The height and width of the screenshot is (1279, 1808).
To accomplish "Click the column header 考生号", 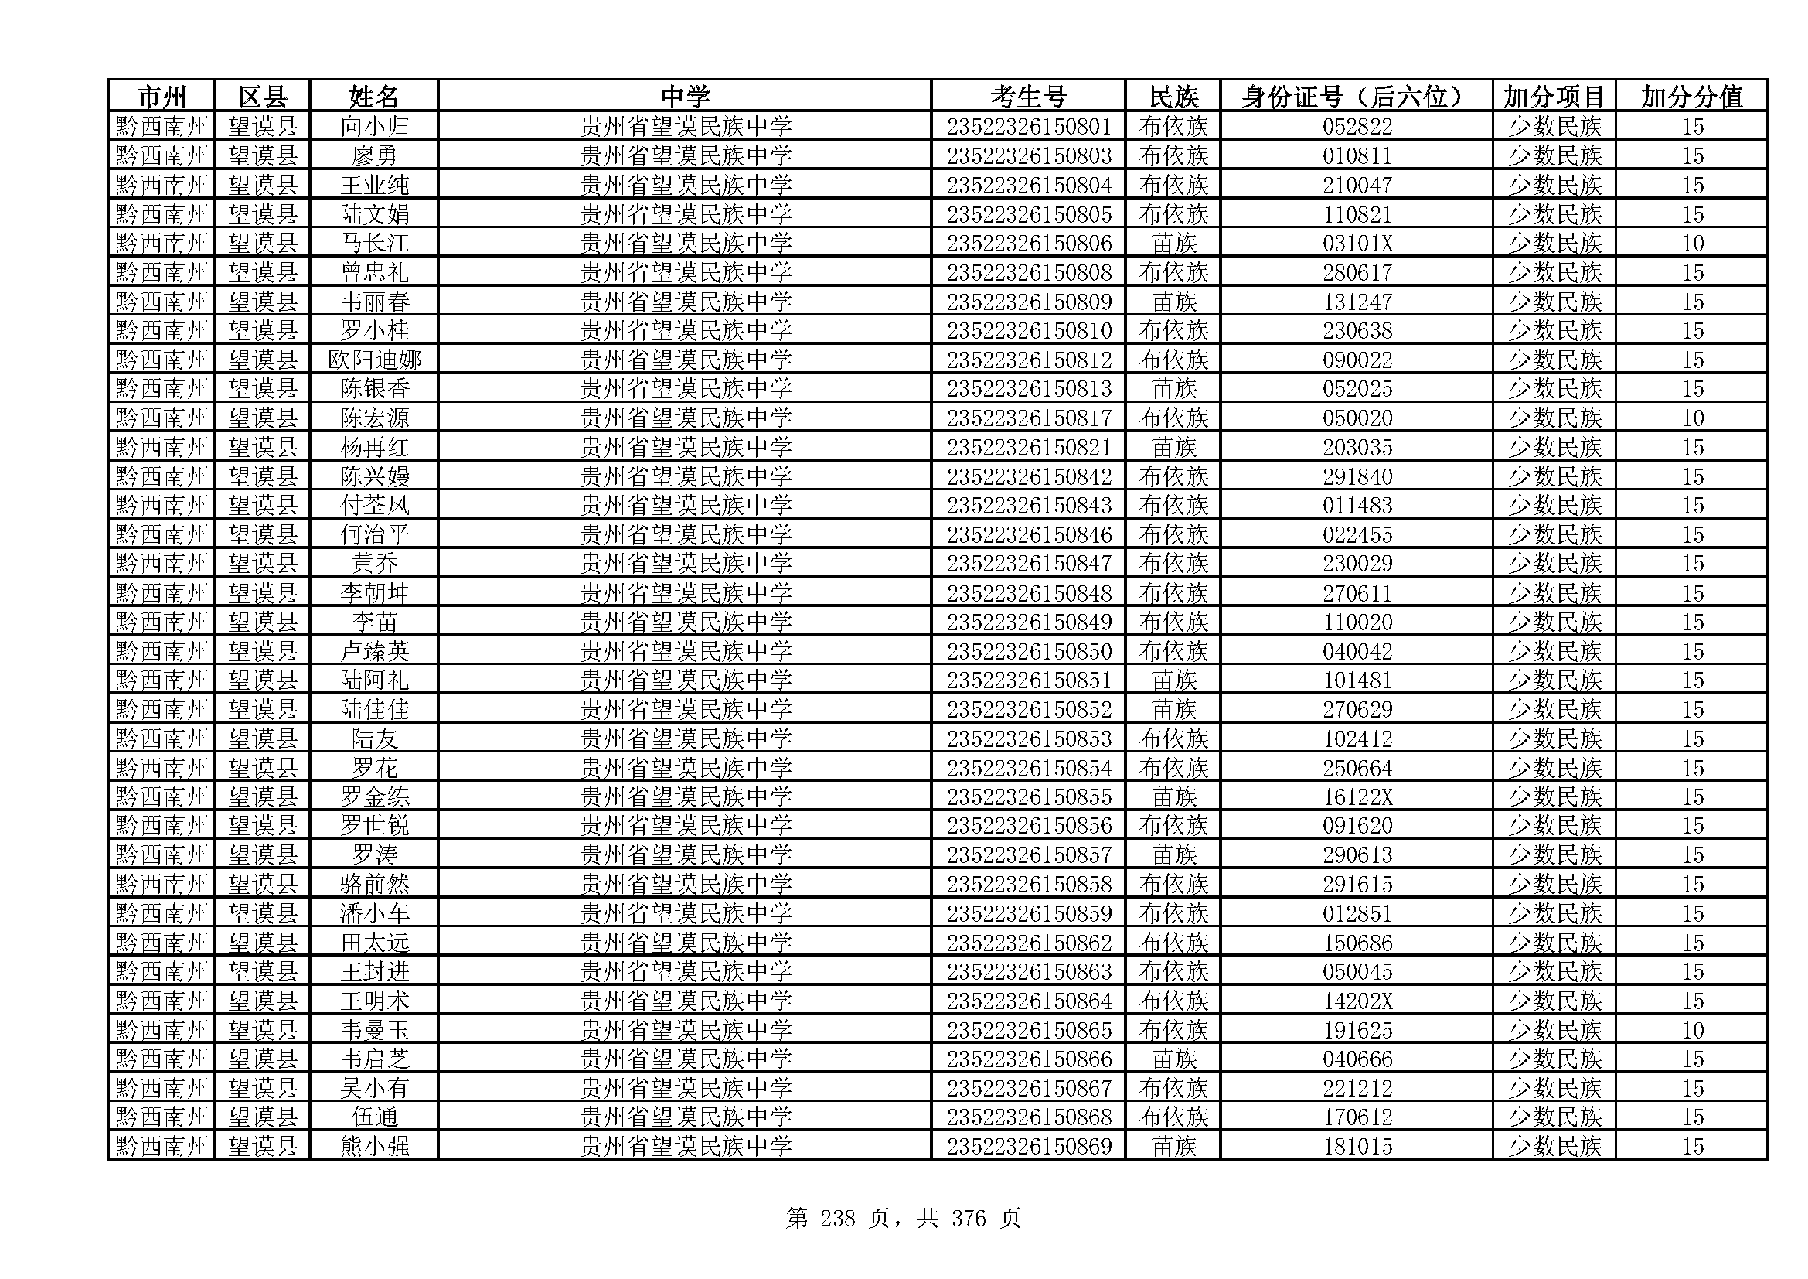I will tap(1027, 97).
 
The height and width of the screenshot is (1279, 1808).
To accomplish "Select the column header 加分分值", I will tap(1691, 97).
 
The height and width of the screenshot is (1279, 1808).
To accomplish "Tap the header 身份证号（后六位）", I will tap(1356, 97).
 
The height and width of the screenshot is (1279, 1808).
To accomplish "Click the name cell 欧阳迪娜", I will tap(374, 360).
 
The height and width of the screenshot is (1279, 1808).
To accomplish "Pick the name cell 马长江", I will tap(374, 244).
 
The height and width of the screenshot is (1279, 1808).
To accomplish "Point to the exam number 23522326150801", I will tap(1028, 127).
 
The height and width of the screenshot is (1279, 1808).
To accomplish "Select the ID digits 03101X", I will tap(1357, 244).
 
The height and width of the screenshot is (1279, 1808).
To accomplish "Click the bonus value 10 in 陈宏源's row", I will tap(1692, 418).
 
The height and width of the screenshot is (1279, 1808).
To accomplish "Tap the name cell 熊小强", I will tap(374, 1146).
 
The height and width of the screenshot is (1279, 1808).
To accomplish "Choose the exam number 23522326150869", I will tap(1028, 1146).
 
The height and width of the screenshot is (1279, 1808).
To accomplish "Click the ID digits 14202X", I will tap(1357, 1001).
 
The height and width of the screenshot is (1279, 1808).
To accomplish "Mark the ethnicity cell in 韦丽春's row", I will tap(1173, 302).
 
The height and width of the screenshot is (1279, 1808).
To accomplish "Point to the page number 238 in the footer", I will tap(837, 1219).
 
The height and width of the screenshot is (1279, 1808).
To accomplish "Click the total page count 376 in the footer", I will tap(968, 1219).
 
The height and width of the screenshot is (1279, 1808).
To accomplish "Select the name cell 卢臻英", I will tap(374, 651).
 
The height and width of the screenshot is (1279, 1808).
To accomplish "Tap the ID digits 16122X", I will tap(1357, 797).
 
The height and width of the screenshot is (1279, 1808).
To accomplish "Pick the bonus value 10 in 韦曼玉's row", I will tap(1692, 1030).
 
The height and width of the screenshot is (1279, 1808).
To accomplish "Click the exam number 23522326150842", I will tap(1028, 476).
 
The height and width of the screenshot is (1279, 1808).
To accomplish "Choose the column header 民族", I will tap(1173, 97).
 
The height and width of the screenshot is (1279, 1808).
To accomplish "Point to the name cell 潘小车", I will tap(374, 913).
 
